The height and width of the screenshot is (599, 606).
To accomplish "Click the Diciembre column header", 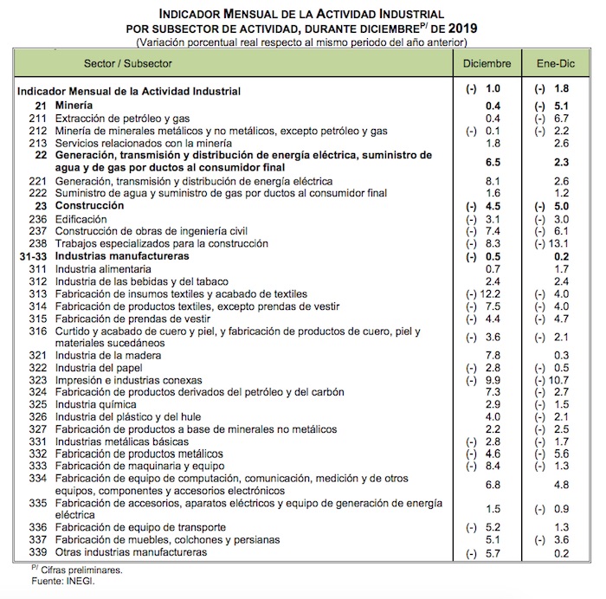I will (487, 63).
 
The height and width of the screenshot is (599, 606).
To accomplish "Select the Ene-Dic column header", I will (555, 63).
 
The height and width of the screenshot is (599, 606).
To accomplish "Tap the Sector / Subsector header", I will (128, 63).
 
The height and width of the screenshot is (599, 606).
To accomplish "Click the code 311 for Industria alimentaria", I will (36, 269).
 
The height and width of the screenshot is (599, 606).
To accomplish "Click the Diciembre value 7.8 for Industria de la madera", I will (493, 356).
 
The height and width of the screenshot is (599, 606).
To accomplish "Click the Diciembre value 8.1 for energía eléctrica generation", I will (493, 181).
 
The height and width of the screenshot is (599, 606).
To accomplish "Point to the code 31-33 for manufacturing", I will (32, 257).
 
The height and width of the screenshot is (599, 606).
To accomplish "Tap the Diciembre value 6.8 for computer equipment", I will (493, 485).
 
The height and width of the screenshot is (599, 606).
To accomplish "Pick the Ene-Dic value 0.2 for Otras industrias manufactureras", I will (560, 552).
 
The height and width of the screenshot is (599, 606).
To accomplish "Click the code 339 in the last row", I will (36, 551).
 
